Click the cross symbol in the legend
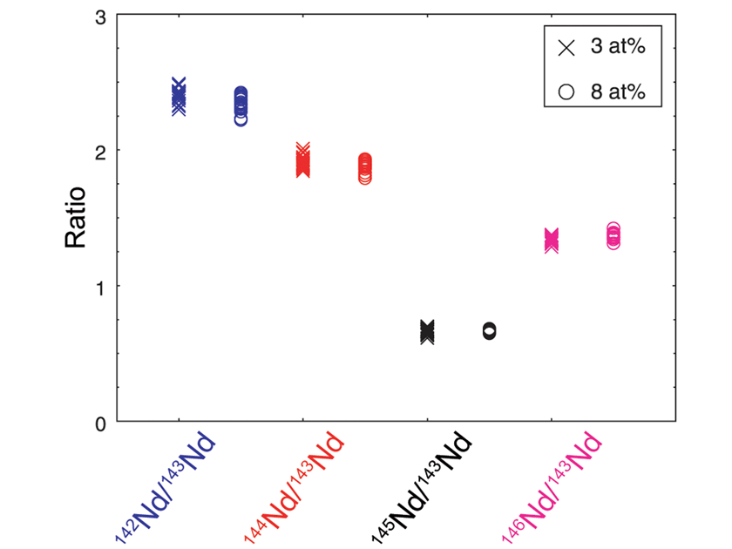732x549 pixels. (x=566, y=48)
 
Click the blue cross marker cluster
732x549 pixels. (x=179, y=97)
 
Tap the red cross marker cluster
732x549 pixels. (x=303, y=161)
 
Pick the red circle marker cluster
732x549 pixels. (x=365, y=168)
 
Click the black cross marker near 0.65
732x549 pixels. (x=427, y=331)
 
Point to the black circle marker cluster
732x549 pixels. (x=489, y=331)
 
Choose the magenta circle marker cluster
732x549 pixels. (x=613, y=235)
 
